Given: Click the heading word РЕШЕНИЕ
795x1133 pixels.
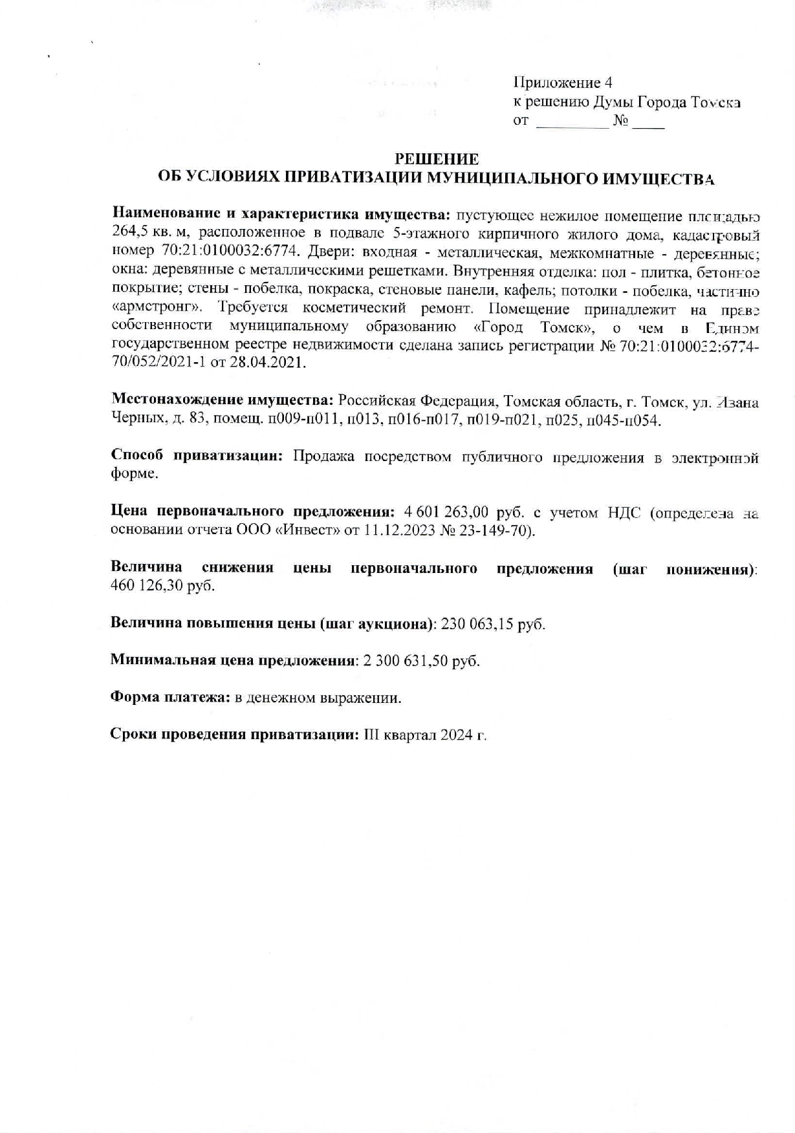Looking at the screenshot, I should (437, 159).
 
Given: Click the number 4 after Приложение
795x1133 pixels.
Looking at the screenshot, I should (607, 83).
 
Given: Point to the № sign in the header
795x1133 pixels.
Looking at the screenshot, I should (621, 121).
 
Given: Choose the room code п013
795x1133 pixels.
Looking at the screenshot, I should (363, 420).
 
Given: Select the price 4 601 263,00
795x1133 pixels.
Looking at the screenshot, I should (445, 512).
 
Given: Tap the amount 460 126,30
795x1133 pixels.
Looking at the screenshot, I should (148, 586).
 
